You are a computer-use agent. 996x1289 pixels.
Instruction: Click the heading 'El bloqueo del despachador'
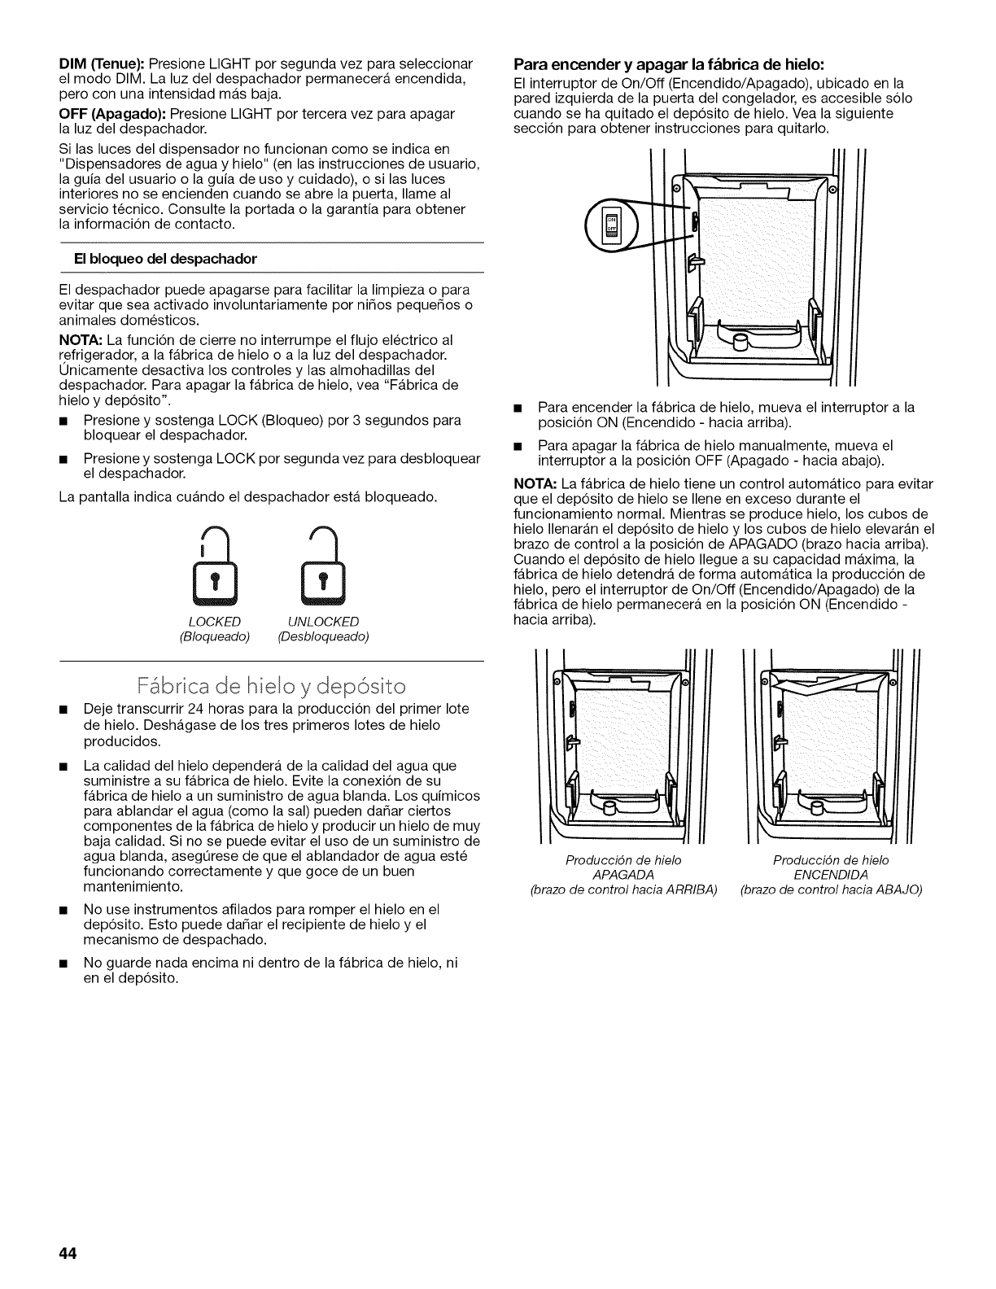click(188, 259)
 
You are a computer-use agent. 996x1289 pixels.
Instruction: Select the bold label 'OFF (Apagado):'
click(110, 114)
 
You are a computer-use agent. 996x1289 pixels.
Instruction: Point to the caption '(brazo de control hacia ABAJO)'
click(831, 889)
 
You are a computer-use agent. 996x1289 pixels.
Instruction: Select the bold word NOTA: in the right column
click(534, 484)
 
